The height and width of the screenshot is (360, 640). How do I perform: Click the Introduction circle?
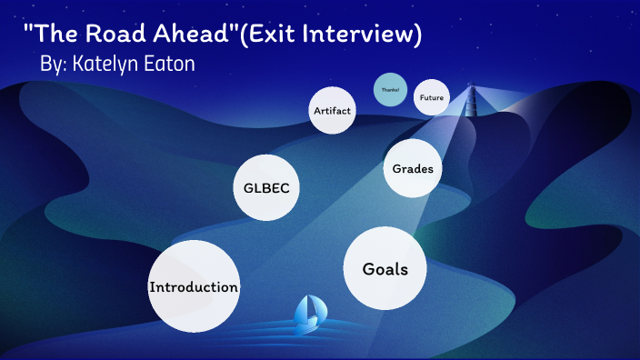click(194, 285)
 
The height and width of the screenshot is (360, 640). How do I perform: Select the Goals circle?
click(385, 268)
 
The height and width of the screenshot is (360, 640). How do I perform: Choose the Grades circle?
click(412, 168)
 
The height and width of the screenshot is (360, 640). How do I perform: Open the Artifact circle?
click(332, 110)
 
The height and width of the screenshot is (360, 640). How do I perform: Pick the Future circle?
click(431, 97)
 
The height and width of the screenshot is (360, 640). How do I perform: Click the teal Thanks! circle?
click(390, 89)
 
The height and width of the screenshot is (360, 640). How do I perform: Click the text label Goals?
click(385, 269)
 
